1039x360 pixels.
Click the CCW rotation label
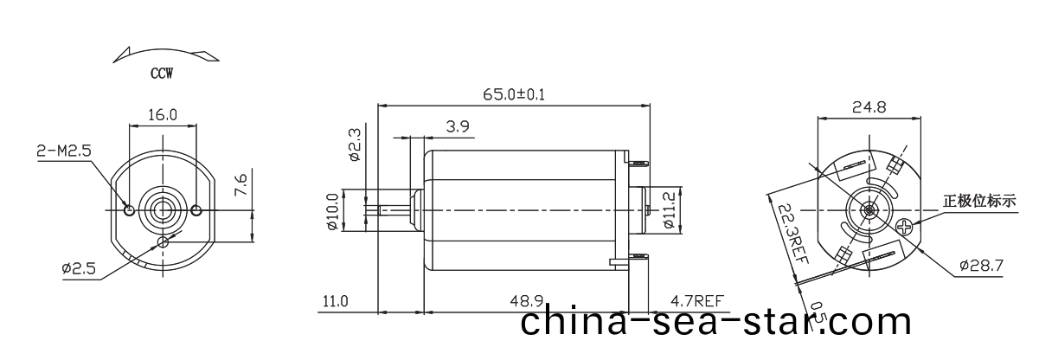click(x=162, y=74)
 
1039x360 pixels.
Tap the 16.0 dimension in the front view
click(x=163, y=114)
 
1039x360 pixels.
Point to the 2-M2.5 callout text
click(x=63, y=151)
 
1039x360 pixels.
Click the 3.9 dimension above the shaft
click(x=459, y=127)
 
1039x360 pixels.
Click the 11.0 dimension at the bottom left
click(x=335, y=301)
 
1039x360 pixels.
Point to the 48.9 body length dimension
click(x=526, y=301)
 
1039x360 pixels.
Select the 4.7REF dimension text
click(x=696, y=301)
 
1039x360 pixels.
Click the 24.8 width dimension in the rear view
click(x=869, y=108)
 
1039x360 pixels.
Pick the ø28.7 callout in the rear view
click(x=981, y=266)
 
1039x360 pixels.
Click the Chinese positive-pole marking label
click(x=979, y=202)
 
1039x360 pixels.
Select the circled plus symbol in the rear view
click(x=905, y=228)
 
